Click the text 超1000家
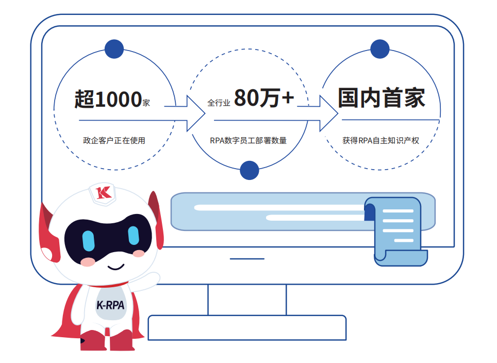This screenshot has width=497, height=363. point(112,99)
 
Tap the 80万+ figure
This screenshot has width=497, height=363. point(264,97)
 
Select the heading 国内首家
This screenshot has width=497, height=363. point(382,97)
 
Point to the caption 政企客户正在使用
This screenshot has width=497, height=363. point(114,140)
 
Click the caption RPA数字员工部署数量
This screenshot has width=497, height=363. point(248,140)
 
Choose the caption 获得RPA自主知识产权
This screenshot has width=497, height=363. point(380,140)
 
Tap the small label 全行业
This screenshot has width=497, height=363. point(219,103)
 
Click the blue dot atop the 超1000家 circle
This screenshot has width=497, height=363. point(114,49)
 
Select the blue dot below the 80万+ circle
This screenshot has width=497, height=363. point(250,170)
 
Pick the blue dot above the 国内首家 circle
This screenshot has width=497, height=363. point(380,49)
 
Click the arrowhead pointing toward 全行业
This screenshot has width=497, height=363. point(196,113)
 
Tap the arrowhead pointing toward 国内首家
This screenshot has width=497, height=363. point(329,113)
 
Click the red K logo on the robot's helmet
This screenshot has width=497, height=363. point(103,192)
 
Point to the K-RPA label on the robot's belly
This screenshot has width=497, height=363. point(110,305)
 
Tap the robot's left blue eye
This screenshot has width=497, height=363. point(89,241)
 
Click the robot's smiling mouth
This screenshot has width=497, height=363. point(115,267)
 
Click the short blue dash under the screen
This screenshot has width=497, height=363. point(247,259)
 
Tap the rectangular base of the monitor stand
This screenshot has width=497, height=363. point(247,328)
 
